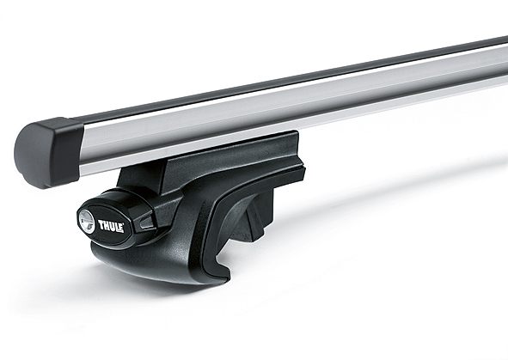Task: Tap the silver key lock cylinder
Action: (x=87, y=220)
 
